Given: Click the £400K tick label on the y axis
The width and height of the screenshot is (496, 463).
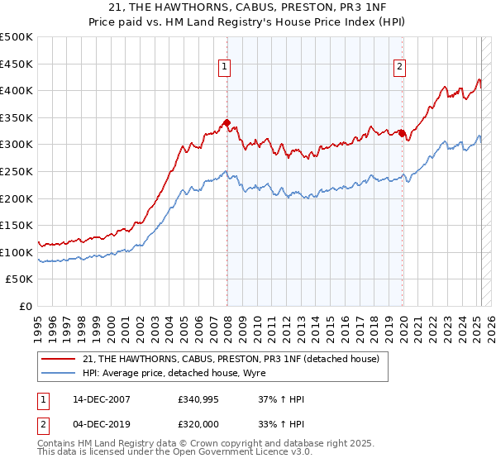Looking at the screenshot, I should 17,91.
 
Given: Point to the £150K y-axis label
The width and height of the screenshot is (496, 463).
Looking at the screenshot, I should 17,226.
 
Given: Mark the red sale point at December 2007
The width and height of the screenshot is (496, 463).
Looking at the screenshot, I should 227,122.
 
